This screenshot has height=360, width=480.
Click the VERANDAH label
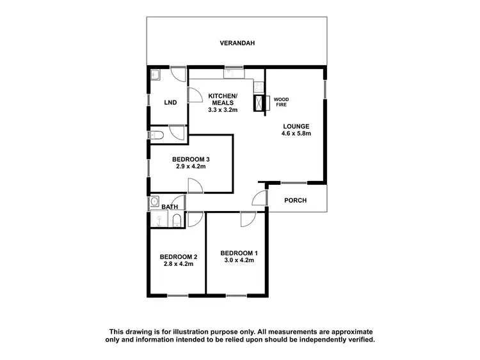click(x=237, y=43)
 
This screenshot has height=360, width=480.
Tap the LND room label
click(x=170, y=102)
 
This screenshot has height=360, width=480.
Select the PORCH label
click(x=296, y=200)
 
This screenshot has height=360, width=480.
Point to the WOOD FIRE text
click(x=281, y=102)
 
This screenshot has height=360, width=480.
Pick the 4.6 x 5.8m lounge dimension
click(x=296, y=134)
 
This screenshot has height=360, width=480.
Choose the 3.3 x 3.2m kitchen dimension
click(x=223, y=109)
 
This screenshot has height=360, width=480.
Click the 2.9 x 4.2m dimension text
click(x=191, y=166)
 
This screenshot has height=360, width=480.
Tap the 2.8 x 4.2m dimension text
click(x=178, y=263)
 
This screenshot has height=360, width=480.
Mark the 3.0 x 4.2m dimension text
click(x=239, y=260)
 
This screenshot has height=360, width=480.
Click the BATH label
click(x=170, y=207)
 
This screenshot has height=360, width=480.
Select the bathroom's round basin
click(x=154, y=203)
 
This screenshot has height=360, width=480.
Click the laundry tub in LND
click(x=156, y=75)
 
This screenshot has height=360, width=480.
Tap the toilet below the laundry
click(x=157, y=134)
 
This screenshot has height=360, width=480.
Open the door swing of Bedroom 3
click(x=196, y=186)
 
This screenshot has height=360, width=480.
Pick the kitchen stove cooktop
click(x=257, y=85)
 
